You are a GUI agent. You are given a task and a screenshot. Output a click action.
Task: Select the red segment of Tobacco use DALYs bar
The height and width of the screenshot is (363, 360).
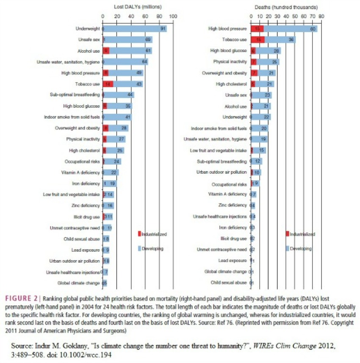tap(108, 84)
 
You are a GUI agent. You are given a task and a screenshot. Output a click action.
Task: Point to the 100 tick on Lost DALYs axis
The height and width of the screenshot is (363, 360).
tap(173, 16)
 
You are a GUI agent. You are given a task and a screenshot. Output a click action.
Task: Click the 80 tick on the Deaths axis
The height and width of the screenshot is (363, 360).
tap(321, 16)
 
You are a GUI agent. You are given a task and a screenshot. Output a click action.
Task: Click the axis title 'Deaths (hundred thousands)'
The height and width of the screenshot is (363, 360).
tap(286, 7)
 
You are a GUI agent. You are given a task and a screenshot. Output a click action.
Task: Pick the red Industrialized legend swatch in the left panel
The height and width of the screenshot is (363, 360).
tap(139, 234)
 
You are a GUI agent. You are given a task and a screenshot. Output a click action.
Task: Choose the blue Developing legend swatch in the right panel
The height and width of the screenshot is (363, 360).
tap(287, 248)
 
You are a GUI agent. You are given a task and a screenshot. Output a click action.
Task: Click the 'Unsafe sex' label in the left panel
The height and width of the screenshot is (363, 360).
tap(88, 40)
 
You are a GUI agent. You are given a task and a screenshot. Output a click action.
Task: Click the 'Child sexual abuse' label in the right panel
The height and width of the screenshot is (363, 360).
tap(229, 282)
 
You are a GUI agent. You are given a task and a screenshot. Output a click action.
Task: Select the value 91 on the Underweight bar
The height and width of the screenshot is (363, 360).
tap(163, 29)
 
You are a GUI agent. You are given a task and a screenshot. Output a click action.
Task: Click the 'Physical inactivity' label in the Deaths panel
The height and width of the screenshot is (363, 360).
tap(229, 62)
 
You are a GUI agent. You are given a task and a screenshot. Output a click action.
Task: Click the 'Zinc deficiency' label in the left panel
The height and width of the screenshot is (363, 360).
tap(86, 205)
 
